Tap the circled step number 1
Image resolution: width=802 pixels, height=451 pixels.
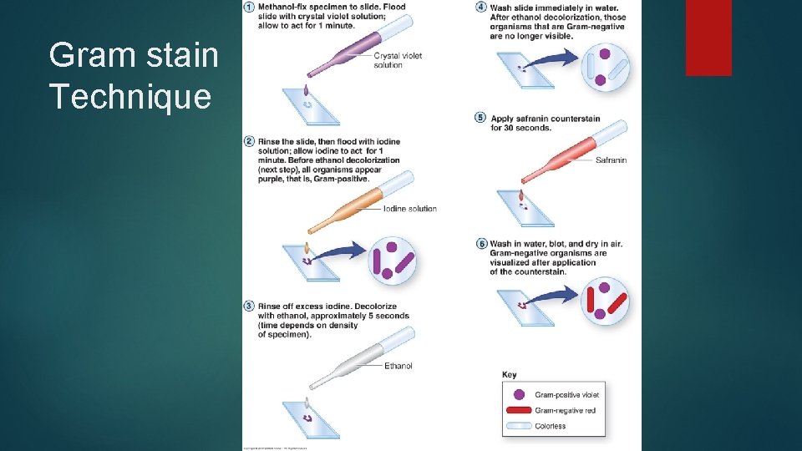(x=249, y=8)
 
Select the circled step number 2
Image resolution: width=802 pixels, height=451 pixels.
(x=249, y=140)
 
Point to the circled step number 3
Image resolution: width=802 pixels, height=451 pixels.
(x=249, y=306)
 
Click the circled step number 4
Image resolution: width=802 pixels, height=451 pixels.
(x=480, y=8)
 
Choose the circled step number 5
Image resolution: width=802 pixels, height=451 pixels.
(x=480, y=118)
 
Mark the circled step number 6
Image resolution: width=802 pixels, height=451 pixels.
(x=480, y=244)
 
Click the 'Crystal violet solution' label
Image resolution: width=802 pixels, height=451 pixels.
(x=398, y=60)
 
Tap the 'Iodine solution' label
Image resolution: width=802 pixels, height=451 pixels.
(x=409, y=209)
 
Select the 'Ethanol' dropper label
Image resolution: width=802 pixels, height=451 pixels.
(x=398, y=366)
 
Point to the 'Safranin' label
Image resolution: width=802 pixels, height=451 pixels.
(x=611, y=160)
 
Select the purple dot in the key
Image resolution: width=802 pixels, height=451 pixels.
(x=520, y=394)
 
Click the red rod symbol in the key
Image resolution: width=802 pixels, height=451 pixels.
(x=519, y=410)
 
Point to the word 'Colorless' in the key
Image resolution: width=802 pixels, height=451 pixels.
(x=551, y=426)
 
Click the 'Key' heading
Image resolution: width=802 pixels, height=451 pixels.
(x=509, y=375)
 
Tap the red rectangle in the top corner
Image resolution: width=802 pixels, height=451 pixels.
(x=708, y=37)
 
